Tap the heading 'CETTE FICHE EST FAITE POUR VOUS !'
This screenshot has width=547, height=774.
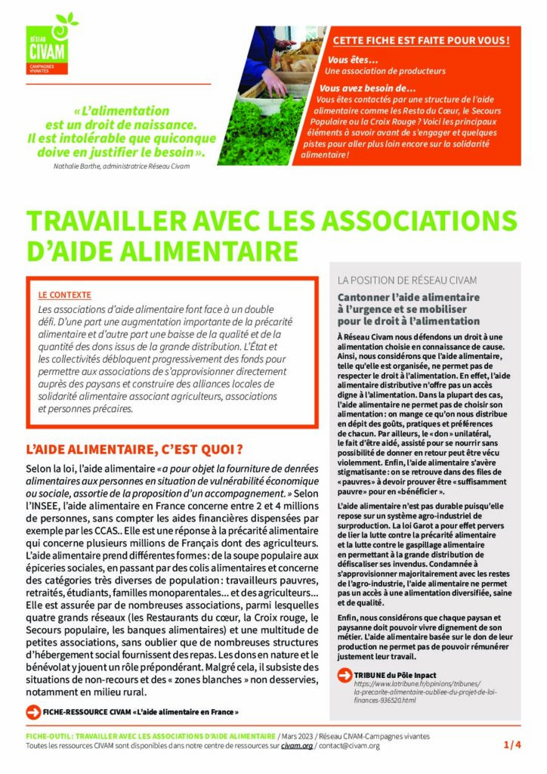click(x=421, y=39)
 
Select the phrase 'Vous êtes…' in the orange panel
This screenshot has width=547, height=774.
click(x=352, y=59)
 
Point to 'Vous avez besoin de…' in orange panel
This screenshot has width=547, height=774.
click(x=373, y=87)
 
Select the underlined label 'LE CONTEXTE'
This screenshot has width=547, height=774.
click(x=64, y=295)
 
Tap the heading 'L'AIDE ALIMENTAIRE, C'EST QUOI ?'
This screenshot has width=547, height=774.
click(x=134, y=450)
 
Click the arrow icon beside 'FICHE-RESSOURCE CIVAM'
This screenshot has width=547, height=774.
click(x=32, y=711)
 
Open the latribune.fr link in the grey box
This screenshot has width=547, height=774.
click(x=415, y=692)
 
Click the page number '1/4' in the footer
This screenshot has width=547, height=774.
click(x=512, y=745)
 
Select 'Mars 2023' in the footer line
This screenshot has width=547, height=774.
click(x=297, y=735)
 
